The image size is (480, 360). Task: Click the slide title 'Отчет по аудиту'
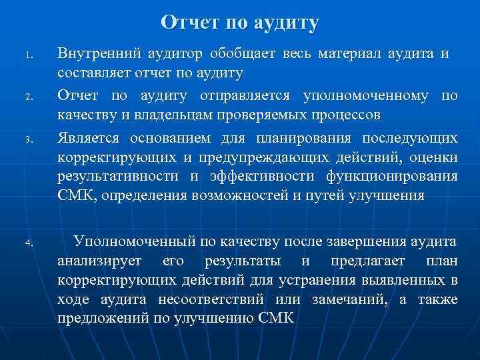coord(240,23)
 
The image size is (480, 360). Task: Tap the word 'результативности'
coord(118,177)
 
